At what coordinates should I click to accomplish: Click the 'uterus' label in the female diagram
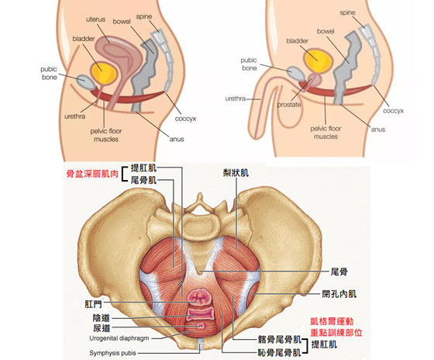(x=96, y=19)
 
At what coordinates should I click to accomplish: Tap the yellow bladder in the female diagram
(x=104, y=72)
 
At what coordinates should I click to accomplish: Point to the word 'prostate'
(x=289, y=105)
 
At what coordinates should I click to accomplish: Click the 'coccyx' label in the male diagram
(x=393, y=111)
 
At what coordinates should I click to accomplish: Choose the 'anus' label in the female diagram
(x=177, y=139)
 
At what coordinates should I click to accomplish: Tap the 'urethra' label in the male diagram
(x=236, y=99)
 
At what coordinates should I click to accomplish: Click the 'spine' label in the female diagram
(x=144, y=16)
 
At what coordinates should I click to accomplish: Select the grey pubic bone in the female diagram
(x=85, y=82)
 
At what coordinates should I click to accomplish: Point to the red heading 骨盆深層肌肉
(x=92, y=174)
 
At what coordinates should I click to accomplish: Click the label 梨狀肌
(x=236, y=173)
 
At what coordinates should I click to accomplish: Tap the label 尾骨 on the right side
(x=339, y=272)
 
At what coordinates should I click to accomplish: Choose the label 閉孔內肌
(x=339, y=294)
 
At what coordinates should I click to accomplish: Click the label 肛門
(x=93, y=304)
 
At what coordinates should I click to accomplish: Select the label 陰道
(x=102, y=318)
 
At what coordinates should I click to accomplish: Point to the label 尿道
(x=102, y=328)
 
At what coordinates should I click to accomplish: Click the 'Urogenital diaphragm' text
(x=119, y=338)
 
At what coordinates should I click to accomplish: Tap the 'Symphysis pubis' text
(x=112, y=353)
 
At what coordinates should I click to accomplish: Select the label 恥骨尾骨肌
(x=279, y=352)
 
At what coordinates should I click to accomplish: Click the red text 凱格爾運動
(x=332, y=321)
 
